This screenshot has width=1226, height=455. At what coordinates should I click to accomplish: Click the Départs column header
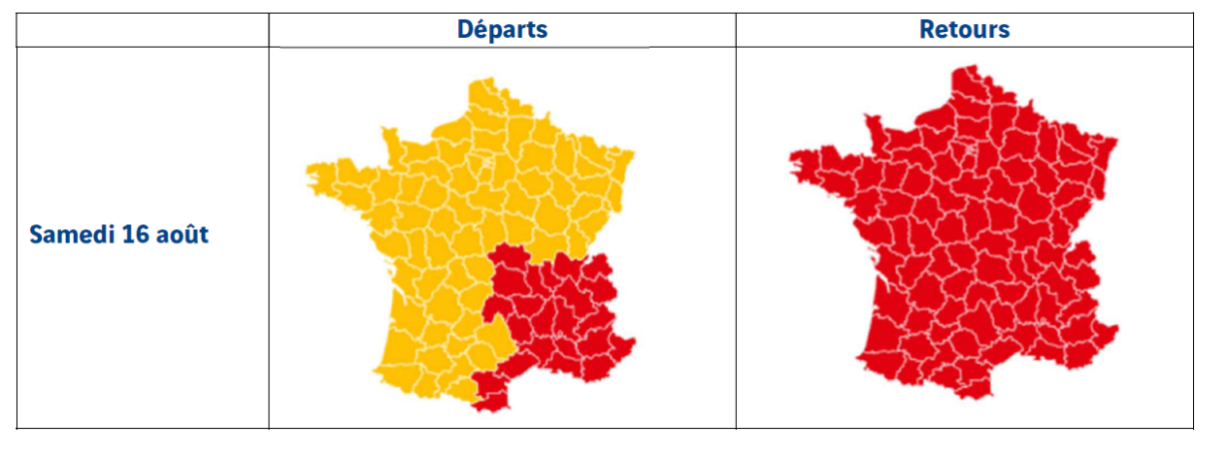coord(502,30)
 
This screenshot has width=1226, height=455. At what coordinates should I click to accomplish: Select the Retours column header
coord(963,30)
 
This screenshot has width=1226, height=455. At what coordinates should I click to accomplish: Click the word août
coord(182,235)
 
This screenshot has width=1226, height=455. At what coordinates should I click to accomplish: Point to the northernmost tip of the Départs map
coord(486,80)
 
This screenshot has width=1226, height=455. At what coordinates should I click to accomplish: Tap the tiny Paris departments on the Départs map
coord(486,160)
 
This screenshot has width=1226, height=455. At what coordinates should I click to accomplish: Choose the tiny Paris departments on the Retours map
coord(967,149)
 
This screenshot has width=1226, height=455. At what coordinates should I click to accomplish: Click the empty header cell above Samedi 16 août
coord(143,30)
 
